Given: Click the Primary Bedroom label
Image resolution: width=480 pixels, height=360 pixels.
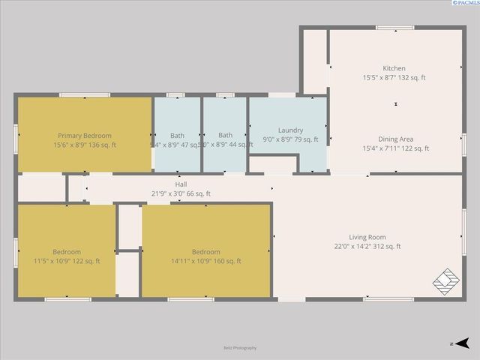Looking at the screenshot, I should [85, 136].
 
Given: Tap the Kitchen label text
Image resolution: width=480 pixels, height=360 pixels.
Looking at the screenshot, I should [394, 68].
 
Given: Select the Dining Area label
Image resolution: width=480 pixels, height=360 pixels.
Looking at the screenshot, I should [395, 139].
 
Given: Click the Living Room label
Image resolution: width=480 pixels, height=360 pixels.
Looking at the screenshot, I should [367, 237].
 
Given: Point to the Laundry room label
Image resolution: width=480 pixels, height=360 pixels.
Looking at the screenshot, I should [290, 130].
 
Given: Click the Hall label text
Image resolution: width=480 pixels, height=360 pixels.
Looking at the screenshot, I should [181, 184].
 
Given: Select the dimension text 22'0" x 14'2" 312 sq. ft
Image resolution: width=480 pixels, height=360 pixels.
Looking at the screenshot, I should [367, 246].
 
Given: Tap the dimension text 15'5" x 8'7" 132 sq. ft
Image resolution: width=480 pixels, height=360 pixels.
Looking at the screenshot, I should [394, 77].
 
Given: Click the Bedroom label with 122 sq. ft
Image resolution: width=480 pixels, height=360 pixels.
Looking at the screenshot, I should [67, 252].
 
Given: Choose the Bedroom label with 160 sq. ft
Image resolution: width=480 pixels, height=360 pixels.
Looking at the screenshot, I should [205, 252].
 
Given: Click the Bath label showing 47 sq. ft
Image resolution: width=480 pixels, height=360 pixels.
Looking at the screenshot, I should [177, 136].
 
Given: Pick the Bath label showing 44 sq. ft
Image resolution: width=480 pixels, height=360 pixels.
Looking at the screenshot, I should [225, 136].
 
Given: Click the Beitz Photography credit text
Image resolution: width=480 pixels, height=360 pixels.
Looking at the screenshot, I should [240, 348].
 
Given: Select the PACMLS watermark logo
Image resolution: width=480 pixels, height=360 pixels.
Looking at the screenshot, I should [463, 4].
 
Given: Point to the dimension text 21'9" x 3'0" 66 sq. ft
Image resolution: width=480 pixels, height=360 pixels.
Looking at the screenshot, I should [181, 194].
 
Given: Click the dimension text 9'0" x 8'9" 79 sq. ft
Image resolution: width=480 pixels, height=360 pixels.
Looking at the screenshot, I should [290, 139].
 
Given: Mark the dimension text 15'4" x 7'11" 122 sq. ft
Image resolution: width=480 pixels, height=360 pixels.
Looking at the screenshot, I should [395, 148].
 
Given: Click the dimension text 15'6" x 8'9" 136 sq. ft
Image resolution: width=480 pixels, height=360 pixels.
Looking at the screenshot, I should [85, 145].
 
